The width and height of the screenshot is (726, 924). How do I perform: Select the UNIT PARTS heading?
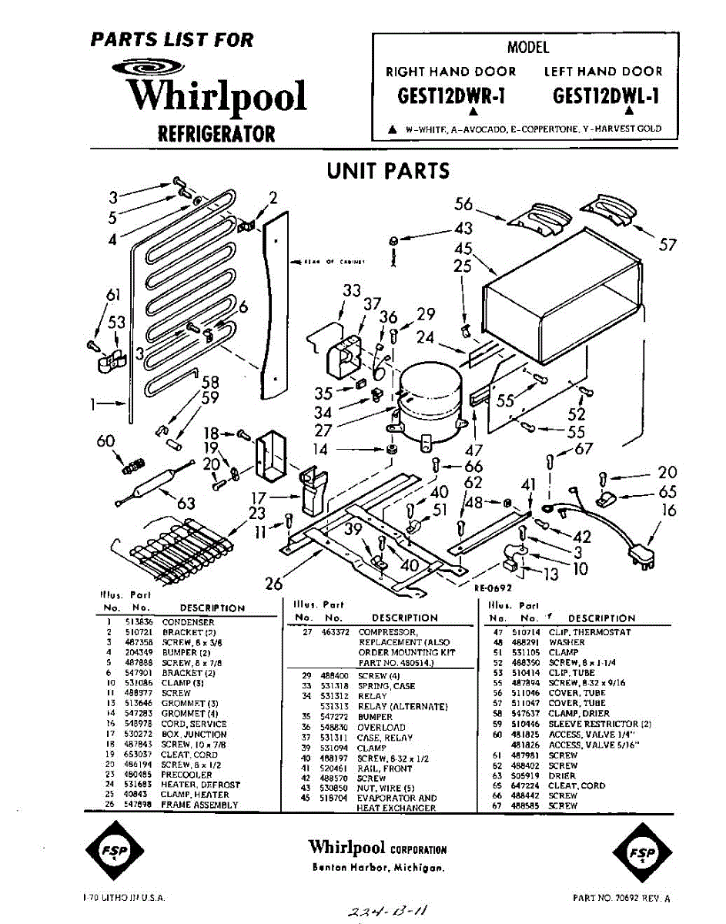pos(388,170)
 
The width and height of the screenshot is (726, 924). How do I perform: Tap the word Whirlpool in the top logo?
pos(217,97)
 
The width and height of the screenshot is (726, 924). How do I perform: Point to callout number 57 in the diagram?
pos(667,244)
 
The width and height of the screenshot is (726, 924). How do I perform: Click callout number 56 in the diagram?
pos(463,205)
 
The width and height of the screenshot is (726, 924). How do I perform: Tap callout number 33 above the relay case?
pos(352,290)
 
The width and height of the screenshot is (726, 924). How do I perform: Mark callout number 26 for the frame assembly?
pos(274,584)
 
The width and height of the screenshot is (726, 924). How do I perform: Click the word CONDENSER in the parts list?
pos(189,622)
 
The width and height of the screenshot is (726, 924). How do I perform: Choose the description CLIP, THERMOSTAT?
pos(590,632)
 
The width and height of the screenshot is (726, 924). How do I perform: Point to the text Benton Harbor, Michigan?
pos(377,868)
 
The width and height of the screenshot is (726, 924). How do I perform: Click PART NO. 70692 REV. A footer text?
pos(622,898)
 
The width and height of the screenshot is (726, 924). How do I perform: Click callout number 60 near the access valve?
pos(105,441)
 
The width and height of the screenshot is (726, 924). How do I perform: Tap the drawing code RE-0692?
pos(493,587)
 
